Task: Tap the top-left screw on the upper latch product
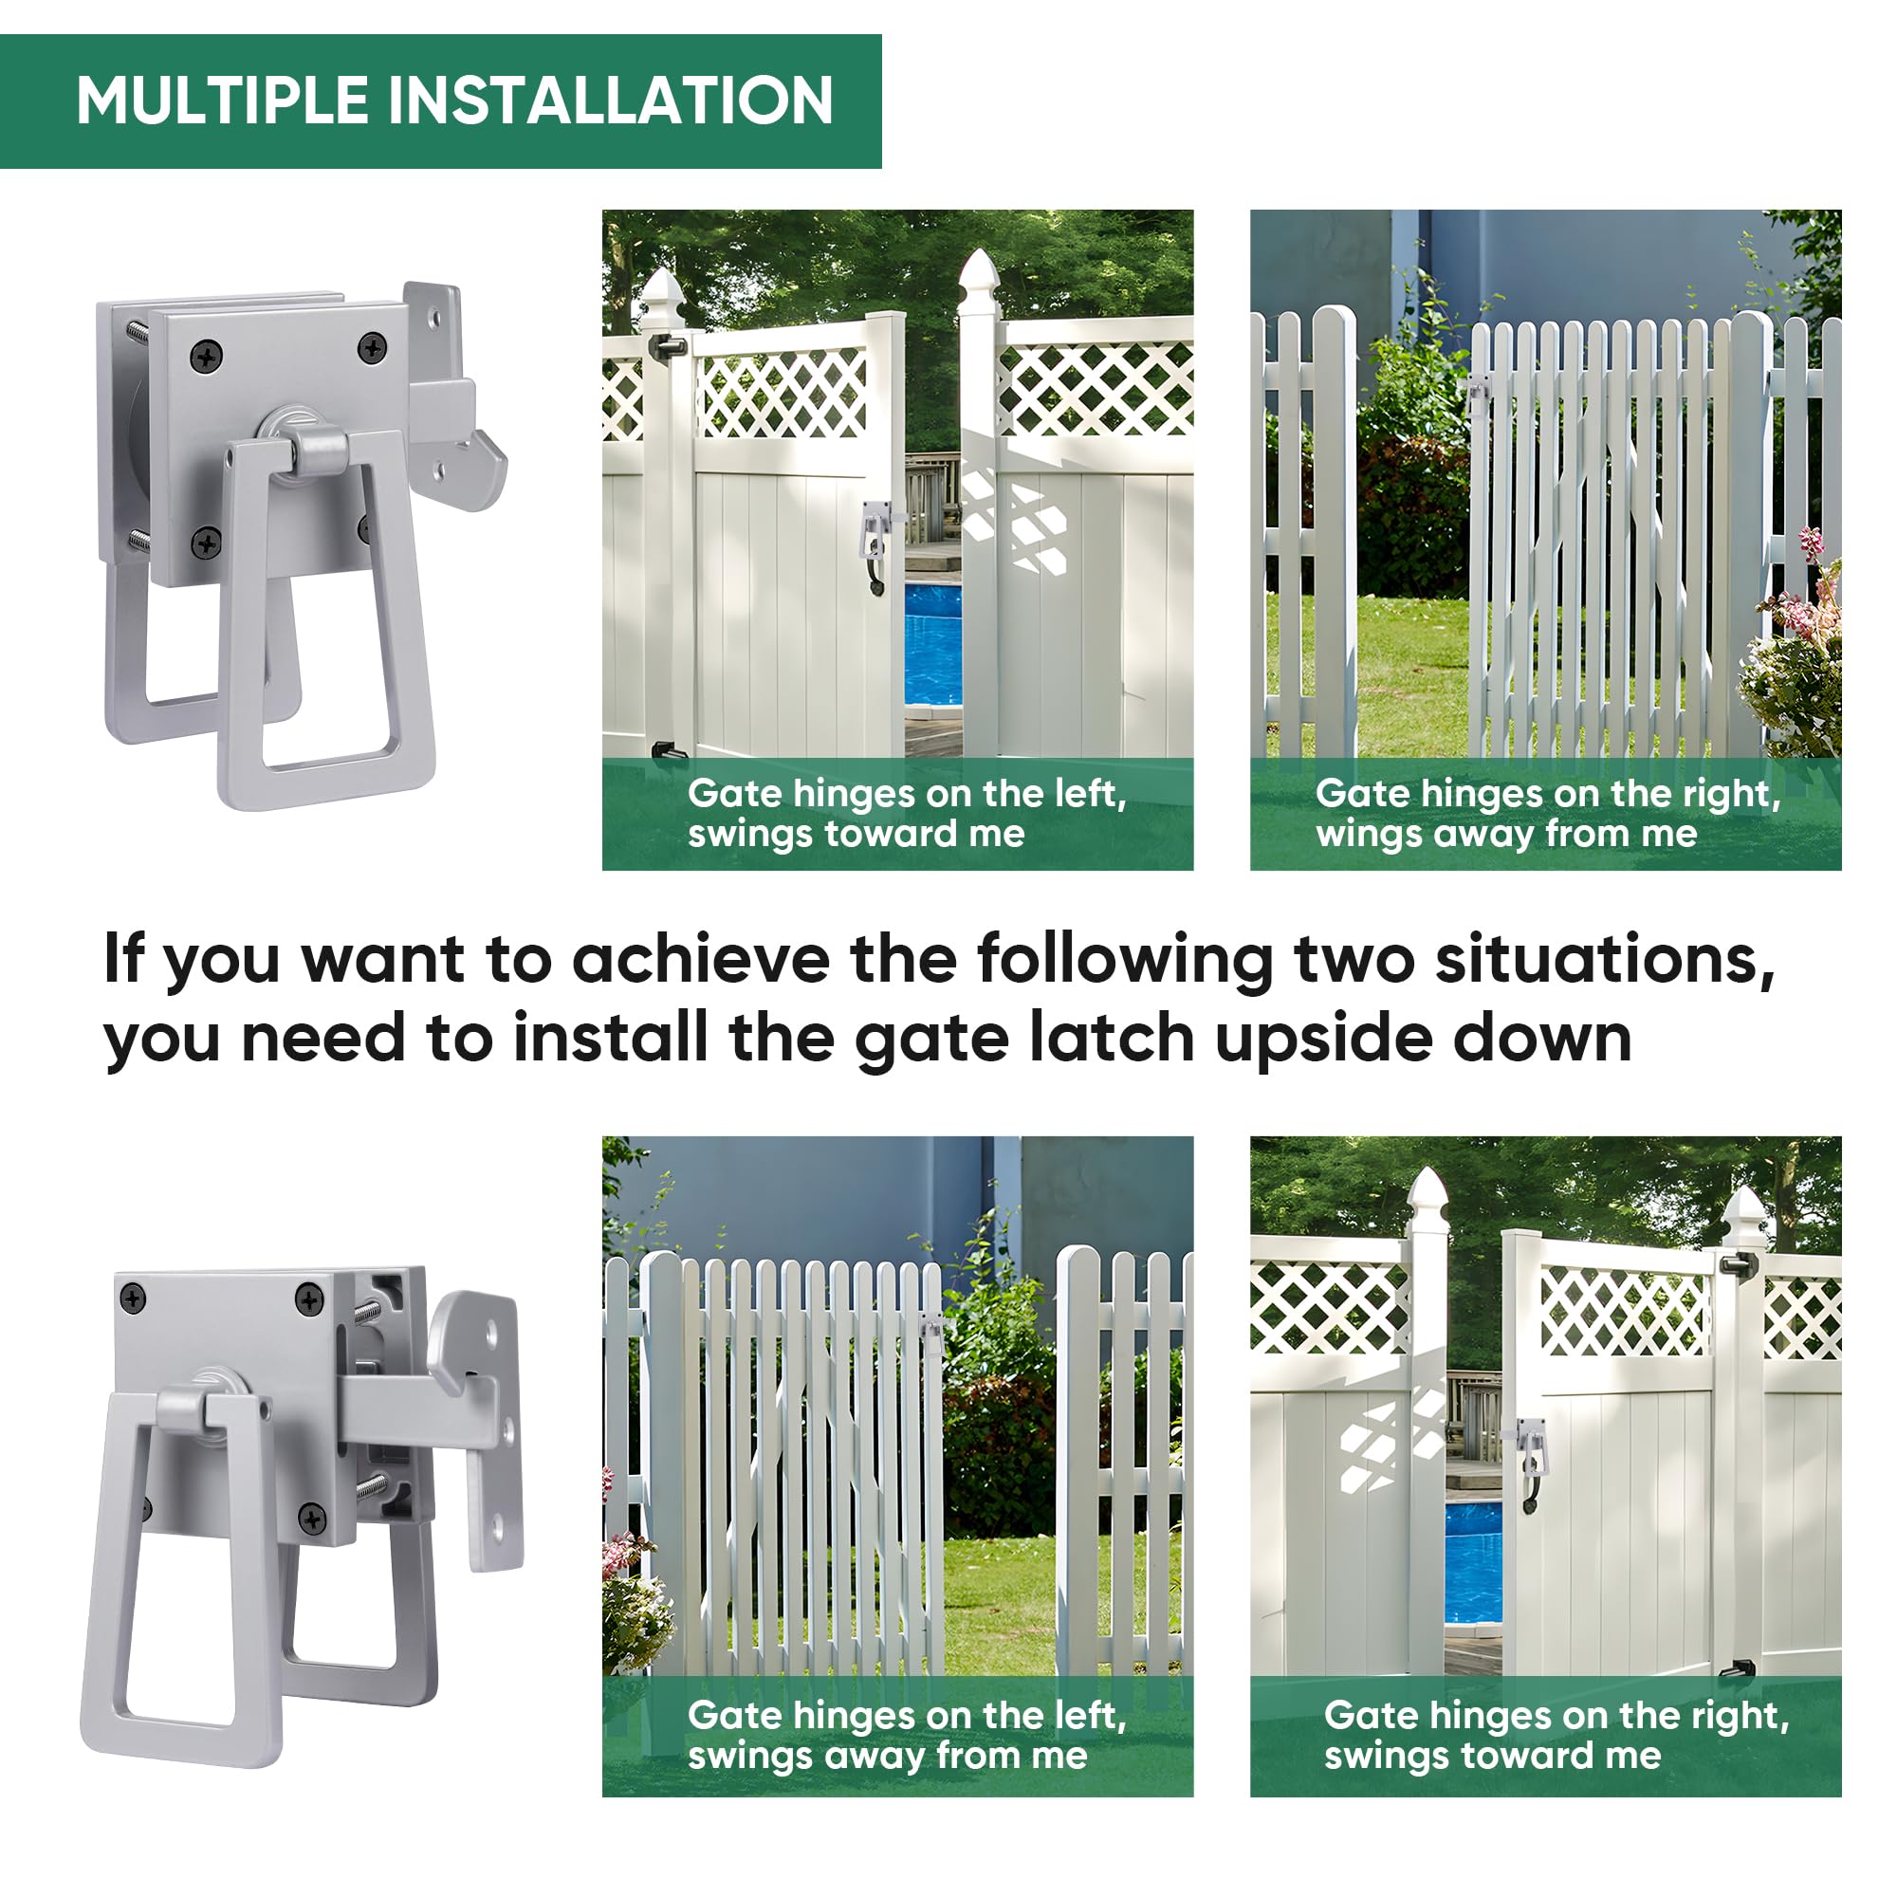(205, 357)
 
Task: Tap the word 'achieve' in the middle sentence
(700, 959)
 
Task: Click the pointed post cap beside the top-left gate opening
(978, 273)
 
